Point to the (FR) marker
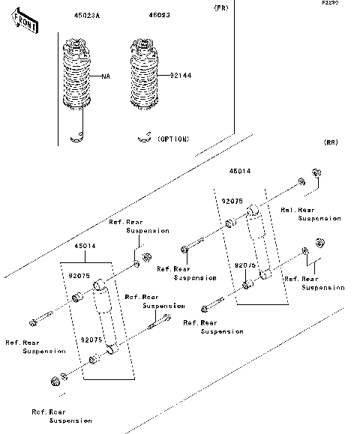coord(221,7)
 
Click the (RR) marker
coord(331,142)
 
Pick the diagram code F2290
coord(330,3)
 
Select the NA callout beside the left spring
coord(106,76)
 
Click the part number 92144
coord(179,76)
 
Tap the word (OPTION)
coord(173,139)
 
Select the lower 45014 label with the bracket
coord(84,246)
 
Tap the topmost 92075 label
coord(231,201)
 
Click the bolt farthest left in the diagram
coord(34,322)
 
